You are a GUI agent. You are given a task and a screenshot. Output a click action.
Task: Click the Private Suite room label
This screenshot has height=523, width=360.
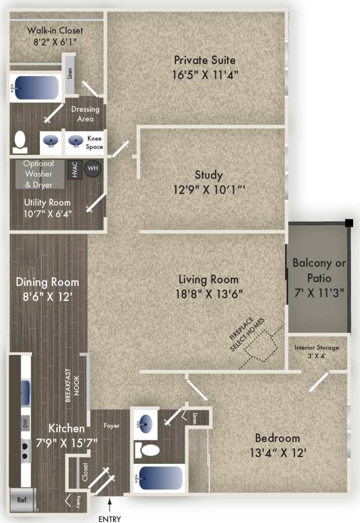[205, 61]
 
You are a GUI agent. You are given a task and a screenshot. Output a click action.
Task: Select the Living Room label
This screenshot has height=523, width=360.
[209, 280]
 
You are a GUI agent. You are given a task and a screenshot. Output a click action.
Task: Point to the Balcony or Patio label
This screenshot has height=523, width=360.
[319, 270]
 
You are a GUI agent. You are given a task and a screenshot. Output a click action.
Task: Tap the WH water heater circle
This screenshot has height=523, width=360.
[92, 169]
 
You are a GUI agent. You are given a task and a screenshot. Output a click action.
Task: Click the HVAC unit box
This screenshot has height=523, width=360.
[75, 169]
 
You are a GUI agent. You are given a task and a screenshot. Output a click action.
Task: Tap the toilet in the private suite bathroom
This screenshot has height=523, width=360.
[20, 140]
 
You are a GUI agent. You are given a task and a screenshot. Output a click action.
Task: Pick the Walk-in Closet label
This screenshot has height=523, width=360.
[55, 31]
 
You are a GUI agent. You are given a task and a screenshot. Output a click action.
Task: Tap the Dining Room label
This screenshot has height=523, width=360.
[47, 282]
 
